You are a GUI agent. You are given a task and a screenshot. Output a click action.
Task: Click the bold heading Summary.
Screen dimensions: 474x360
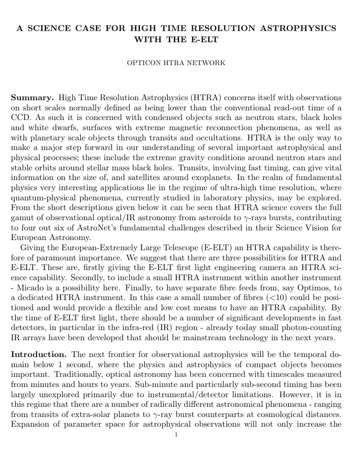click(32, 97)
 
